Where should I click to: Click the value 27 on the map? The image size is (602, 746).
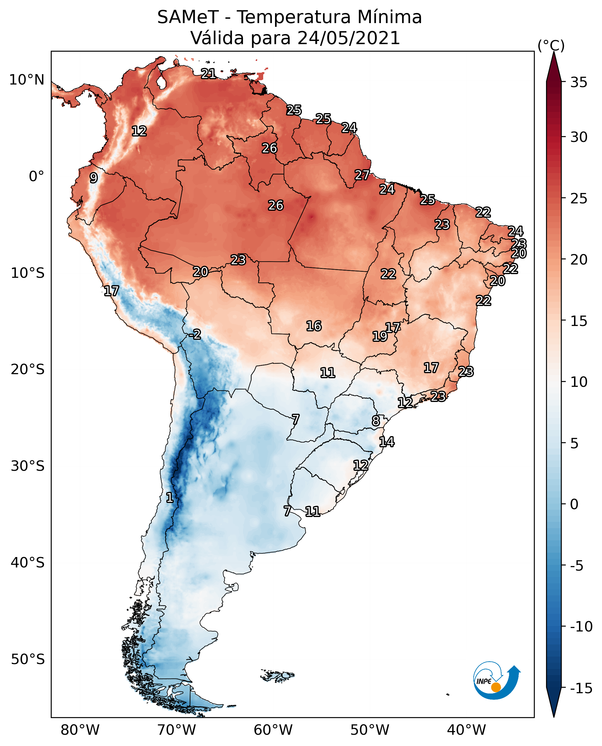[x=362, y=175]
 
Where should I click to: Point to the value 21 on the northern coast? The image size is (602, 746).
[x=208, y=74]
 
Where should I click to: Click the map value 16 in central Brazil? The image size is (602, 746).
[x=313, y=326]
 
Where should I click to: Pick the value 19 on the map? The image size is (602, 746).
[x=379, y=336]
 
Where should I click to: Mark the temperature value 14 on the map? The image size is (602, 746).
[x=386, y=442]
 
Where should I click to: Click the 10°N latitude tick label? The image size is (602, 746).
[x=27, y=80]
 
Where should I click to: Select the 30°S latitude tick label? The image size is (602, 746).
[x=28, y=466]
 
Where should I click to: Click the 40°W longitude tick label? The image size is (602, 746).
[x=466, y=730]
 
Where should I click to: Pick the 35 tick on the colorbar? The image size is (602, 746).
[x=579, y=83]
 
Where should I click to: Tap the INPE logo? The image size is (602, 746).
[x=496, y=680]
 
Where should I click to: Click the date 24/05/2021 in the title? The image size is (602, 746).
[x=349, y=38]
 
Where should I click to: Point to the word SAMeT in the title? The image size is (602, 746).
[x=188, y=17]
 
